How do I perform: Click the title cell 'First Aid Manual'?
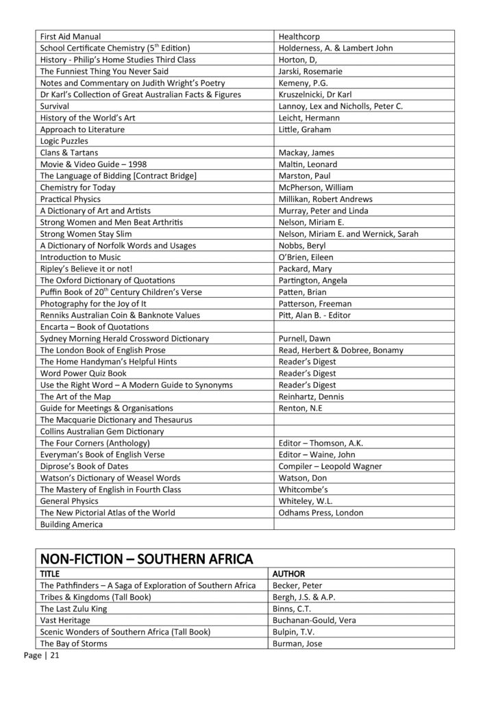[x=71, y=36]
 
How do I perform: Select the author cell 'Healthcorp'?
[x=299, y=36]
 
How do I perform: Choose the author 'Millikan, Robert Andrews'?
[x=326, y=199]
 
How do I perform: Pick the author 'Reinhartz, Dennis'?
[x=312, y=396]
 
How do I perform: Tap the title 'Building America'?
[x=71, y=524]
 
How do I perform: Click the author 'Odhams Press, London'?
[x=321, y=513]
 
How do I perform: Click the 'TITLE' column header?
[x=50, y=574]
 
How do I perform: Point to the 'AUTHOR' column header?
[x=289, y=574]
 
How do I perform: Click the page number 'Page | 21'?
[x=41, y=655]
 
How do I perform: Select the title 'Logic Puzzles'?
[x=64, y=141]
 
